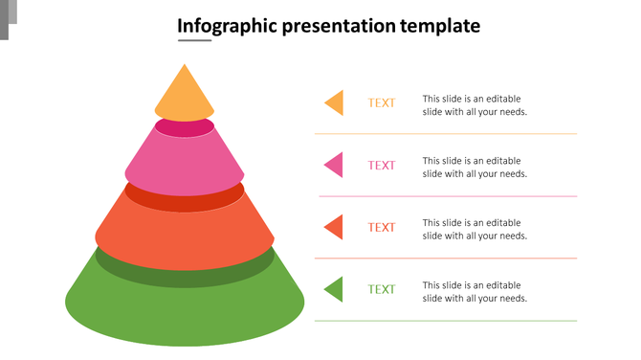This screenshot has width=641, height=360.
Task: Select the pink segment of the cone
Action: click(x=185, y=159)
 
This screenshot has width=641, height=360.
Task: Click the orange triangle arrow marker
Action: click(x=335, y=102)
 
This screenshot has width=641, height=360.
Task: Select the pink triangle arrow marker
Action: click(x=335, y=165)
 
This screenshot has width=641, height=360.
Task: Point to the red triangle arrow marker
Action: click(x=335, y=227)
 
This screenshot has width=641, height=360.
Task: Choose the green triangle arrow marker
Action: click(x=335, y=289)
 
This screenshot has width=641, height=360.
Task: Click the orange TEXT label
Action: click(x=382, y=103)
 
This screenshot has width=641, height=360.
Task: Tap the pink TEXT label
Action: click(x=382, y=166)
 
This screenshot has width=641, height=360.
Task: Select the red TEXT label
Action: click(x=382, y=228)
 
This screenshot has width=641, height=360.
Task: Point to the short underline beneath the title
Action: click(x=194, y=41)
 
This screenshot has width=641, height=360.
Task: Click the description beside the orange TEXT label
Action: click(x=475, y=105)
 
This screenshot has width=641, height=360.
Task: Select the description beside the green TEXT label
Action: click(x=475, y=292)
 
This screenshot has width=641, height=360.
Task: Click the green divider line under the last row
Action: click(x=446, y=321)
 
